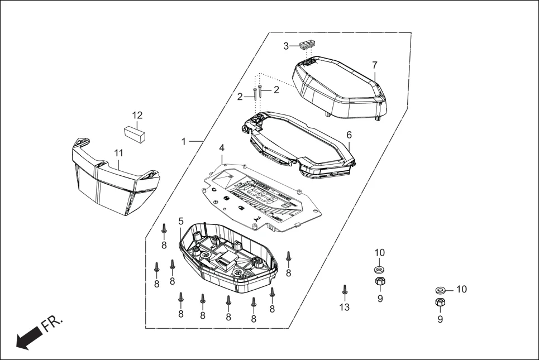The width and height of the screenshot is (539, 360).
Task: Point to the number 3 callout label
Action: pos(286,46)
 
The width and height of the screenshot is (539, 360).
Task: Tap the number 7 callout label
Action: pos(374,65)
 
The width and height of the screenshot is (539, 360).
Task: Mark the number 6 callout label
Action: pos(349,135)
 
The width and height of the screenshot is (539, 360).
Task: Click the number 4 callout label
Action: pos(222,148)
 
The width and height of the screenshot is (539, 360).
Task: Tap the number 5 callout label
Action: pos(181,222)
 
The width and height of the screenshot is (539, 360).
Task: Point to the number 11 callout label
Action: pos(118,152)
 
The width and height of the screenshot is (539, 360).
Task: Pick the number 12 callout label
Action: pos(137,116)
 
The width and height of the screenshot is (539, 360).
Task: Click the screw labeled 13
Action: pos(345,290)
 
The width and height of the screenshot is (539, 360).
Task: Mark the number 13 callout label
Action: pos(345,308)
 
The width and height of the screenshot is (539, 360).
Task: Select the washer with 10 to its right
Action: pos(440,290)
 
